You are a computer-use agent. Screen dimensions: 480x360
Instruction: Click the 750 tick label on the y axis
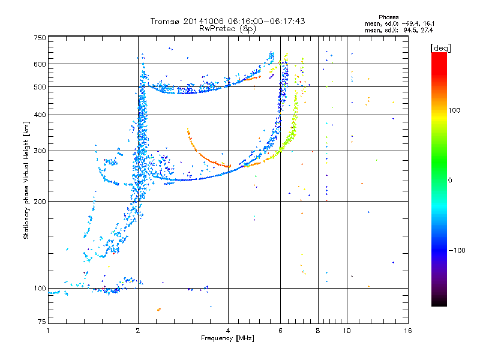pos(40,38)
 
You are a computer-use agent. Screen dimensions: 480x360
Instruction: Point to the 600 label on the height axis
pos(40,64)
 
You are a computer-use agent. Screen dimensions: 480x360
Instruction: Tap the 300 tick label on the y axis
pos(40,151)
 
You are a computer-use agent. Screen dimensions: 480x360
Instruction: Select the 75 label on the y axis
pos(42,322)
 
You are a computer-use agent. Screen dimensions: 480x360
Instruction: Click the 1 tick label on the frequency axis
pos(48,331)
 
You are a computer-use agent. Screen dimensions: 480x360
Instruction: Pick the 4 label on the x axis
pos(228,331)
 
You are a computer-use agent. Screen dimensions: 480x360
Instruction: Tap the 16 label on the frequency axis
pos(408,331)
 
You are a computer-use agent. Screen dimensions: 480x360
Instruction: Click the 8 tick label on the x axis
pos(318,331)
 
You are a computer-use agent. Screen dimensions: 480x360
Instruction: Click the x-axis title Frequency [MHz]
pos(227,338)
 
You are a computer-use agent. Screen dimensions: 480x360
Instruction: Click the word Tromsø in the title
pos(166,21)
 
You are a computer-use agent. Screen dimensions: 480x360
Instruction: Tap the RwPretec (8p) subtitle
pos(227,29)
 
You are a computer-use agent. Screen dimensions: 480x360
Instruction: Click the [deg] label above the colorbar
pos(440,48)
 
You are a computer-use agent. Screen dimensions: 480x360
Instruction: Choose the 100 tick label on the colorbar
pos(454,110)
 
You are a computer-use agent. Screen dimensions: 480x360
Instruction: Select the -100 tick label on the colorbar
pos(457,250)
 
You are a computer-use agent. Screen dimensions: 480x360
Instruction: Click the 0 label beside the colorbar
pos(450,181)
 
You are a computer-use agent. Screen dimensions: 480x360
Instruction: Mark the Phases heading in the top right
pos(388,17)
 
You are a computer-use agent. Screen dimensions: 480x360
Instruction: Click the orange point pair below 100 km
pos(159,310)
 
